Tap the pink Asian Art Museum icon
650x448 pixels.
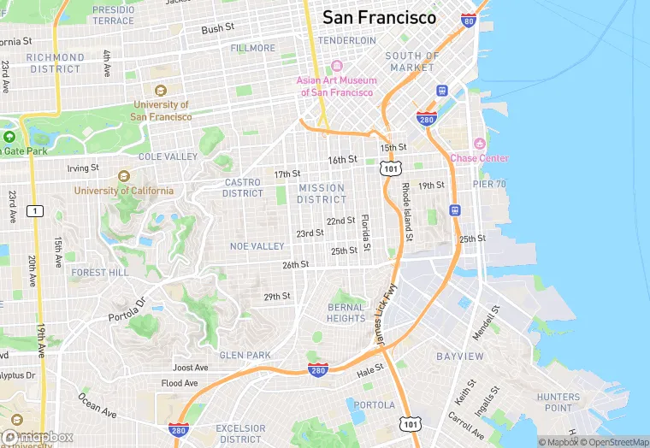point(337,66)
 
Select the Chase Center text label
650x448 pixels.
point(479,158)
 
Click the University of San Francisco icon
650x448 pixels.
point(160,91)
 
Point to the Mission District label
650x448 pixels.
point(322,193)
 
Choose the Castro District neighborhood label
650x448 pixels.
point(244,187)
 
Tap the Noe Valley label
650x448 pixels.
point(257,246)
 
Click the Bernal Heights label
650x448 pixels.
point(346,313)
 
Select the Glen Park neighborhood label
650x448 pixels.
point(245,355)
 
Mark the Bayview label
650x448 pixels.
point(460,355)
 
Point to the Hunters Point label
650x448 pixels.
point(558,403)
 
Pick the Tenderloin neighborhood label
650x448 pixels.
point(346,40)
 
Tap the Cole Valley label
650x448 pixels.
point(168,157)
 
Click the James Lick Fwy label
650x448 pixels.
point(381,316)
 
